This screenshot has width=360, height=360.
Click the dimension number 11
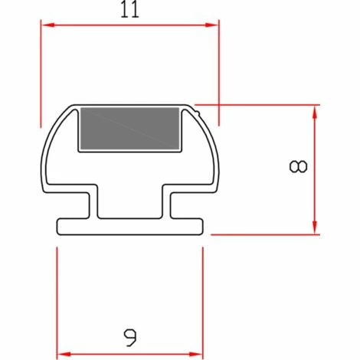coord(129,9)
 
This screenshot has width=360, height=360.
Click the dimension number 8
coord(298,166)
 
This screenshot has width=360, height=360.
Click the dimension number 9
coord(130,338)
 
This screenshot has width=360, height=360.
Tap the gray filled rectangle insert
coord(129,129)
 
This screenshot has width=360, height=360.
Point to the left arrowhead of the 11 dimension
coord(47,25)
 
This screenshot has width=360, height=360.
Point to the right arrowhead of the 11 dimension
coord(211,25)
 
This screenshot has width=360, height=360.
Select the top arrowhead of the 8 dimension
coord(315,112)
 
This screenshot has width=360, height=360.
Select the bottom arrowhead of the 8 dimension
coord(315,227)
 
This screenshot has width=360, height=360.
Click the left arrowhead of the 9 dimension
coord(64,355)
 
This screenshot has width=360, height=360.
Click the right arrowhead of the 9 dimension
coord(196,355)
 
